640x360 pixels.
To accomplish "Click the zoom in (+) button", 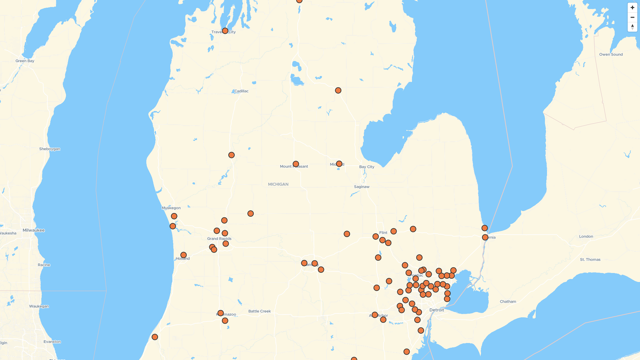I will [632, 8].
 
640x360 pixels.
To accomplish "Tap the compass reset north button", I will [632, 27].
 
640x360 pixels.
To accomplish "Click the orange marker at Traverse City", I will [225, 31].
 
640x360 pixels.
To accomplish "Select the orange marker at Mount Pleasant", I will [296, 164].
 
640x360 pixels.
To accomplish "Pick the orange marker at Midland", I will [339, 164].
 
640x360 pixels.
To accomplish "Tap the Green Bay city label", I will [25, 61].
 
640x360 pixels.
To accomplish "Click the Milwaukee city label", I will [34, 230].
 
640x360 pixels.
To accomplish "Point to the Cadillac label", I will [241, 91].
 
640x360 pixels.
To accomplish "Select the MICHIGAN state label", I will [278, 184].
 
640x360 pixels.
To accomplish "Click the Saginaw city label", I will [362, 187].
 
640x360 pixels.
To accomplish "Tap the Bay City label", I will [367, 167].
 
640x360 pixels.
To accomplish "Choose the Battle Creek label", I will [260, 311].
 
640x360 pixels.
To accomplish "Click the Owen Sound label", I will [611, 54].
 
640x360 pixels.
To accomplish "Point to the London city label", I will [586, 236].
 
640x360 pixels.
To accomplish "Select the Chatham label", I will [508, 302].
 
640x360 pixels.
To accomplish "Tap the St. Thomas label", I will [590, 260].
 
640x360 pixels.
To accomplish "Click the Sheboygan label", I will [50, 149].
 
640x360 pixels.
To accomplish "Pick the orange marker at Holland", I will [183, 255].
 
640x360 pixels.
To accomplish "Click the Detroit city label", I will [437, 310].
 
